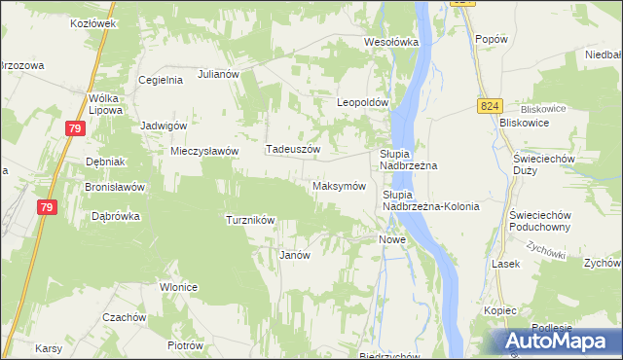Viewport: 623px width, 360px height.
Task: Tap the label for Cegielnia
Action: point(161,80)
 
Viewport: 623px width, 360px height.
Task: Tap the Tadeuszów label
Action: point(293,149)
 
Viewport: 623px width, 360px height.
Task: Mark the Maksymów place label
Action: point(339,185)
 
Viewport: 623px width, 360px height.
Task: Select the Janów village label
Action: point(294,255)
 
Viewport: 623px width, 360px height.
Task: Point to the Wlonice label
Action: point(179,287)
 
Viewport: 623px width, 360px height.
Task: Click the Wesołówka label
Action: point(390,42)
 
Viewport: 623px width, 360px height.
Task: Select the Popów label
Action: point(493,38)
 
